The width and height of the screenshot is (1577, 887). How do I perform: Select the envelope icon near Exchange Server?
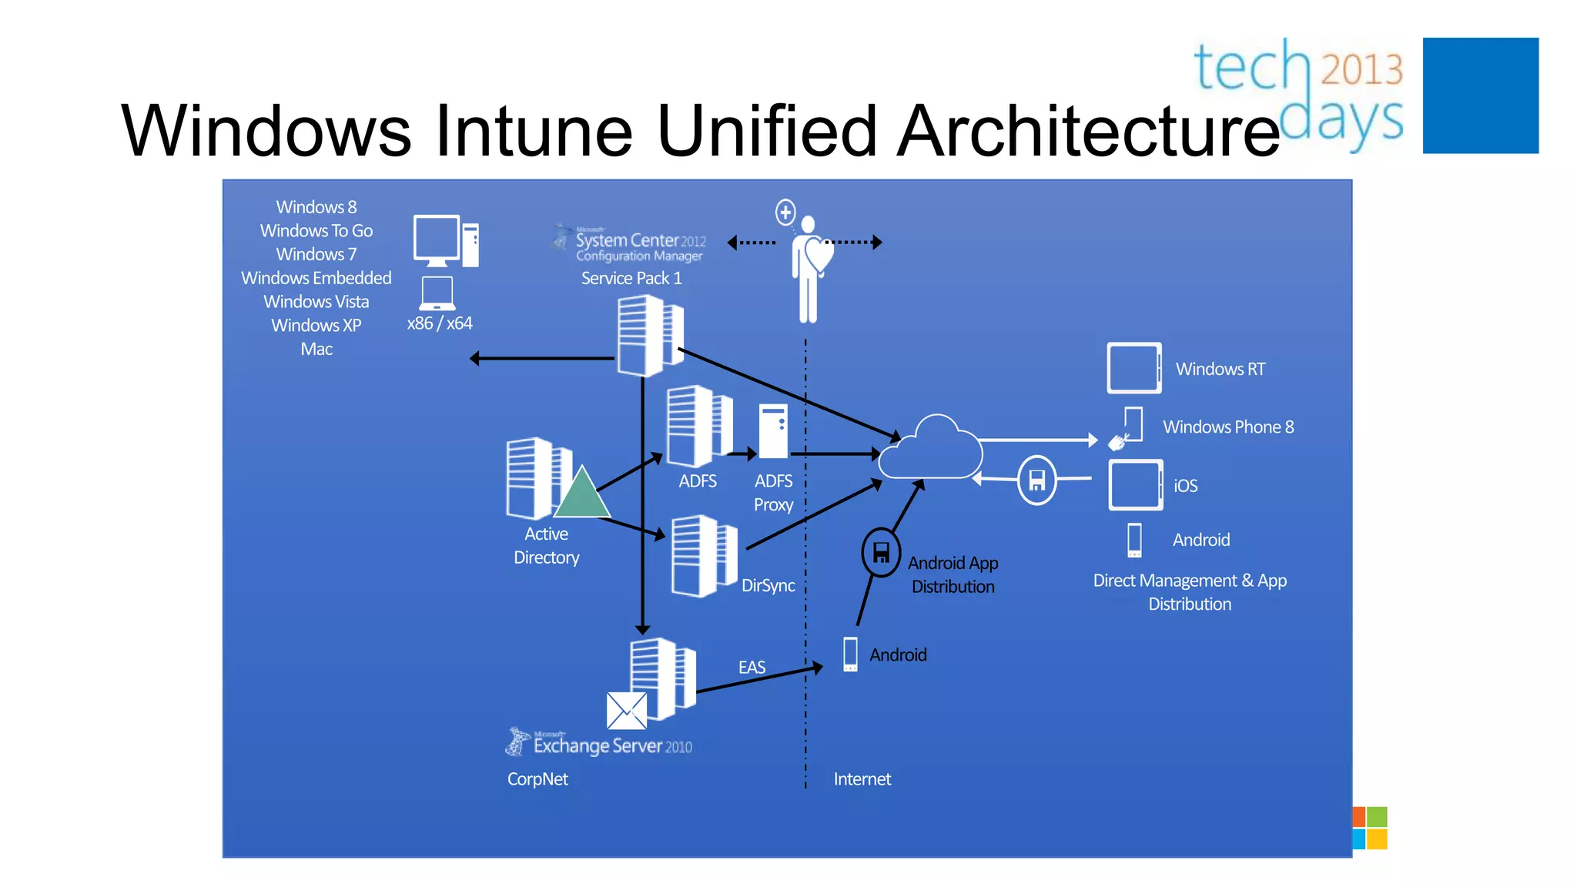pyautogui.click(x=626, y=711)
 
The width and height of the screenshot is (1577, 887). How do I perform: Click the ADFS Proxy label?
pyautogui.click(x=773, y=493)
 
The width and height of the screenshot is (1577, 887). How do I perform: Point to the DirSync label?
pyautogui.click(x=768, y=585)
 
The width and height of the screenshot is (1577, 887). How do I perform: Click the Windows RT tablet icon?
pyautogui.click(x=1133, y=368)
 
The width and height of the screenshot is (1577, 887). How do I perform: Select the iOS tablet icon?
pyautogui.click(x=1135, y=485)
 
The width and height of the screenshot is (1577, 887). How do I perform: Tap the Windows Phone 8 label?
pyautogui.click(x=1227, y=427)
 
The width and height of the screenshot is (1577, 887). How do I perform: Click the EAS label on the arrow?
pyautogui.click(x=752, y=667)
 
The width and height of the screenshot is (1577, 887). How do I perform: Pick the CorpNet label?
pyautogui.click(x=537, y=779)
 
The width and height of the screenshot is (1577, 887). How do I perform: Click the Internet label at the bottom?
pyautogui.click(x=862, y=779)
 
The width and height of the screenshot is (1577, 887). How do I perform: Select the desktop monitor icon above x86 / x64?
pyautogui.click(x=437, y=239)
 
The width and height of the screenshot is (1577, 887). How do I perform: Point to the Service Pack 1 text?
pyautogui.click(x=631, y=278)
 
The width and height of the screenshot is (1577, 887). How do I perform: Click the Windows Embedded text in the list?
pyautogui.click(x=316, y=278)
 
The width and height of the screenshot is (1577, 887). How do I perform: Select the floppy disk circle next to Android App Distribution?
pyautogui.click(x=881, y=552)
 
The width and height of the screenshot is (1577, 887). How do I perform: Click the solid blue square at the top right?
pyautogui.click(x=1480, y=95)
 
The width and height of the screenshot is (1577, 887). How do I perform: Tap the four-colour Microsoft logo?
pyautogui.click(x=1370, y=828)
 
